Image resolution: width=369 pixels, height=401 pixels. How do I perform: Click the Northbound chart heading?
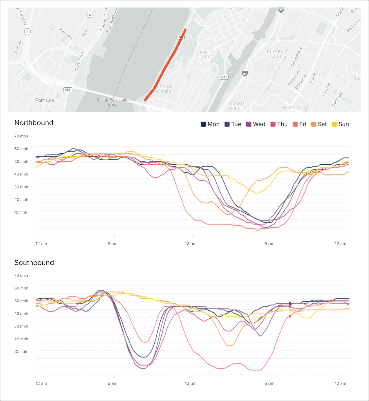[34, 123]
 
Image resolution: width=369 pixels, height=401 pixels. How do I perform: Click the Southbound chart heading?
[34, 263]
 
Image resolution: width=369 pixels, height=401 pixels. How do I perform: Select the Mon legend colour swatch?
[203, 124]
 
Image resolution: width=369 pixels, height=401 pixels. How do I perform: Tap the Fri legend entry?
[299, 124]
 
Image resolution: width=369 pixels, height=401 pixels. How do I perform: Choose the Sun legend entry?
[340, 124]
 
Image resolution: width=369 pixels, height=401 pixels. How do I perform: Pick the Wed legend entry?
[256, 124]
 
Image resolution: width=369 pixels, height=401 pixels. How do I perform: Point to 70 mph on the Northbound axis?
[21, 136]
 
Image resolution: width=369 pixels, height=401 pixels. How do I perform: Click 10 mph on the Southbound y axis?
[21, 352]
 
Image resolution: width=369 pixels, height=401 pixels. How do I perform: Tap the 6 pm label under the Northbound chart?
[269, 243]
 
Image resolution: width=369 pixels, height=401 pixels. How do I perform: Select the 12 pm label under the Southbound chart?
[191, 383]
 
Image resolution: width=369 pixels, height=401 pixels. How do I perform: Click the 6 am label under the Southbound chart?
[112, 383]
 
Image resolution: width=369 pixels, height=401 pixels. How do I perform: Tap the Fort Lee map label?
[45, 100]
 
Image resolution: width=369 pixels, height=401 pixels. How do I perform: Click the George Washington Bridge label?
[114, 102]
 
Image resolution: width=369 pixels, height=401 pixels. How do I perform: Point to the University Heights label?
[277, 54]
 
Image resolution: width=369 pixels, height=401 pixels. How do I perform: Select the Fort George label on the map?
[205, 54]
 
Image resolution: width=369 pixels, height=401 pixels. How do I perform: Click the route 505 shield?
[68, 90]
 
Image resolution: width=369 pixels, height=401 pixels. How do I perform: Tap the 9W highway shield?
[89, 15]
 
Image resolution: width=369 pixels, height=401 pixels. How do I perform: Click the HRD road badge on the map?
[224, 77]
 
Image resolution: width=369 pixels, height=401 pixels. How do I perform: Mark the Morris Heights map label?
[237, 106]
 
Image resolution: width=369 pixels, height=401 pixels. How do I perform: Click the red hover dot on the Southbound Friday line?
[290, 316]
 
